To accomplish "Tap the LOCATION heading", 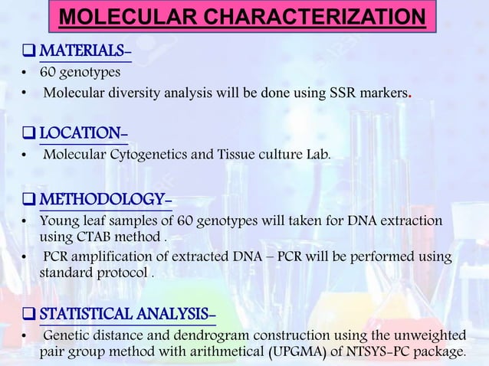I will click(x=83, y=134).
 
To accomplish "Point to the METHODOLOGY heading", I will click(x=105, y=201).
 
